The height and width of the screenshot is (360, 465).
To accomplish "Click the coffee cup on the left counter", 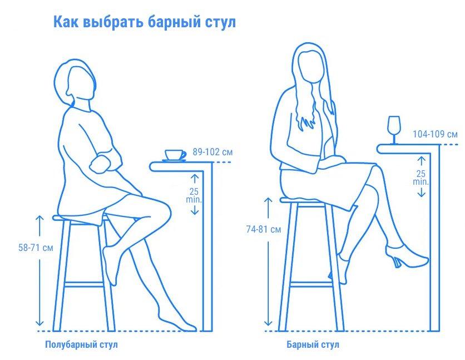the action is pyautogui.click(x=175, y=155).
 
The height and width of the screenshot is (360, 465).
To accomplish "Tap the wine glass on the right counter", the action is pyautogui.click(x=394, y=130).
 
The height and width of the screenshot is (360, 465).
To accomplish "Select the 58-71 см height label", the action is pyautogui.click(x=36, y=248).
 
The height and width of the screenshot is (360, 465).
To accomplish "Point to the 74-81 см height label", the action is pyautogui.click(x=263, y=229).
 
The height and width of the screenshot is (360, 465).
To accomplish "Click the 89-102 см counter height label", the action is pyautogui.click(x=212, y=152).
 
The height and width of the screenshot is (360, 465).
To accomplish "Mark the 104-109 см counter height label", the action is pyautogui.click(x=435, y=134).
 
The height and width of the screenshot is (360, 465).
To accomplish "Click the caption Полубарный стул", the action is pyautogui.click(x=81, y=344).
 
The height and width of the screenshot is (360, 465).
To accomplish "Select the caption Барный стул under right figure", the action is pyautogui.click(x=313, y=344).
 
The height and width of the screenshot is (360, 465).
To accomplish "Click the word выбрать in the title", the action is pyautogui.click(x=113, y=22).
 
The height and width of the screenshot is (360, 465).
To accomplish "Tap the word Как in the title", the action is pyautogui.click(x=66, y=22).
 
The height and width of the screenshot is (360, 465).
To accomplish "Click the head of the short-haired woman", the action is pyautogui.click(x=76, y=82).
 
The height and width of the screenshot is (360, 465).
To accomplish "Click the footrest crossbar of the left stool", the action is pyautogui.click(x=84, y=285).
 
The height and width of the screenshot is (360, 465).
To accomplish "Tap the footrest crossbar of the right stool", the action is pyautogui.click(x=311, y=284).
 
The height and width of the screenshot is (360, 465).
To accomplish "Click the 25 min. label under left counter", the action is pyautogui.click(x=194, y=195).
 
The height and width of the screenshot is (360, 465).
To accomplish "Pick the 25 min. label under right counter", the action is pyautogui.click(x=421, y=177).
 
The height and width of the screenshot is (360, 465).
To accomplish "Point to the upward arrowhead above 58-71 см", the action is pyautogui.click(x=39, y=219).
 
